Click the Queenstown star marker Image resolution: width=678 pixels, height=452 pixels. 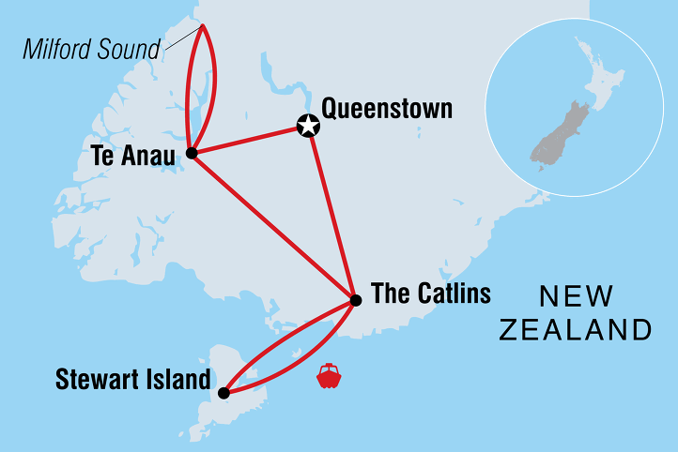307,126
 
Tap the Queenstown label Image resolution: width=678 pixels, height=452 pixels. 387,109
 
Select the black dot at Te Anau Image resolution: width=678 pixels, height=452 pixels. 191,153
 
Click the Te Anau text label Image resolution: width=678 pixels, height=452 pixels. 133,156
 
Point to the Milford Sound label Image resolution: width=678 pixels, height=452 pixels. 91,50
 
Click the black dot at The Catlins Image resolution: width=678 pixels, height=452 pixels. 355,300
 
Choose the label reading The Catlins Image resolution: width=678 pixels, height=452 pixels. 431,294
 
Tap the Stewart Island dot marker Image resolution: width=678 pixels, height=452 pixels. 223,393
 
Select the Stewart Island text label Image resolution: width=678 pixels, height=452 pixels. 132,380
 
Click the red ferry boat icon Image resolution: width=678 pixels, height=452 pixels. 329,376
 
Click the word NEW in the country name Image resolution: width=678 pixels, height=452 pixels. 576,297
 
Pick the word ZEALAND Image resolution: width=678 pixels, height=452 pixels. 576,330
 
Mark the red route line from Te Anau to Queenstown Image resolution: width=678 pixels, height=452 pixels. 249,139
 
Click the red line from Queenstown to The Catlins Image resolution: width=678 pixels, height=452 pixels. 331,212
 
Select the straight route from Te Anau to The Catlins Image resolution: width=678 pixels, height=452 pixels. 272,226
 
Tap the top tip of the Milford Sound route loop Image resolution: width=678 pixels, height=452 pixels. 201,25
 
